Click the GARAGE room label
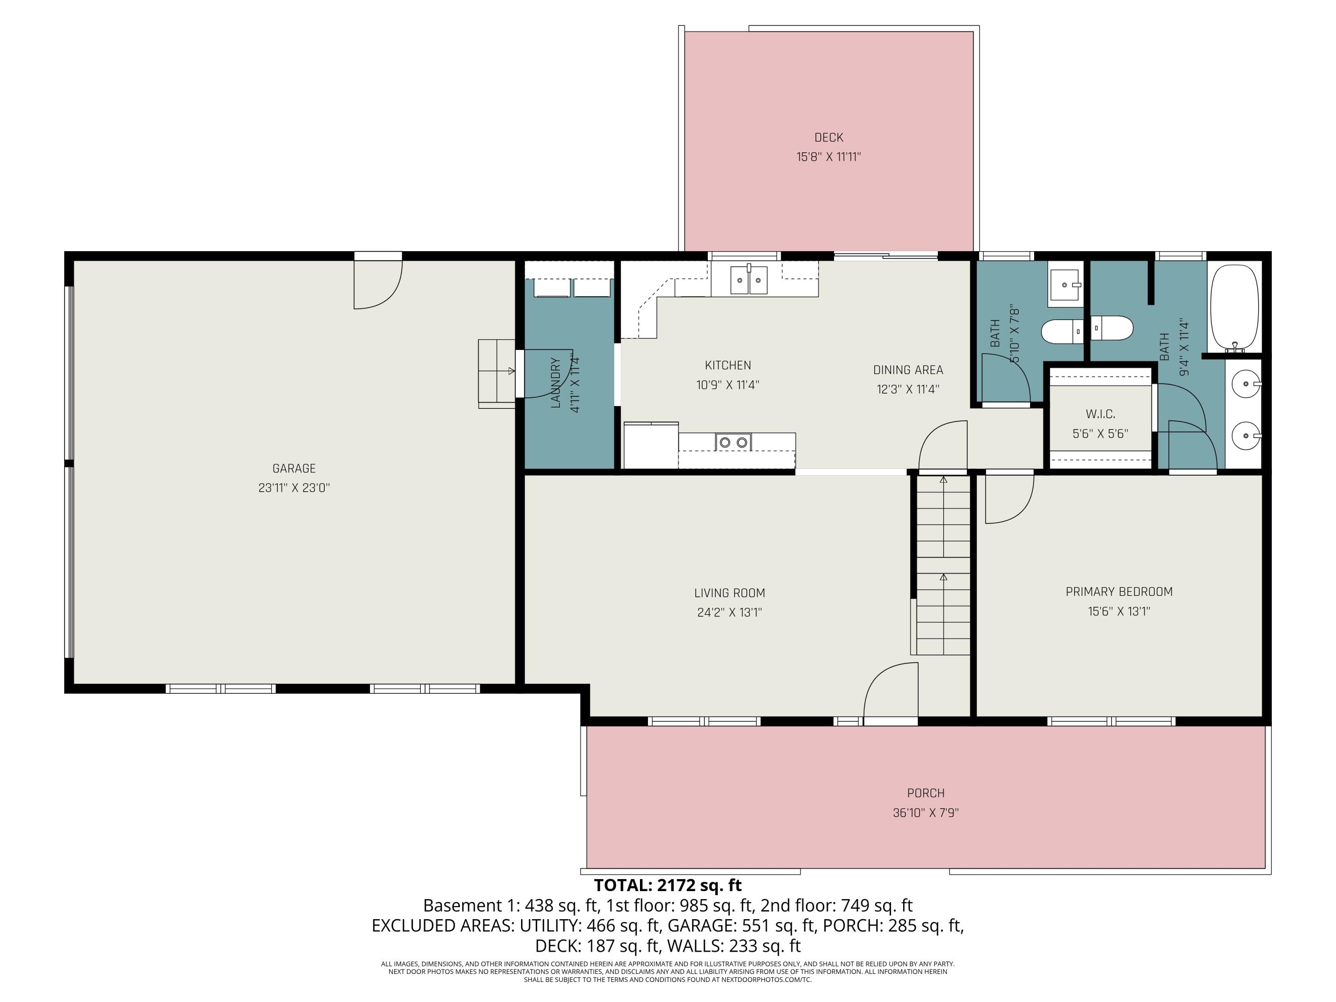point(294,468)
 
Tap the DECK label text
point(829,138)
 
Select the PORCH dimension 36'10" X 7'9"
point(925,813)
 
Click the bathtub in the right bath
point(1234,308)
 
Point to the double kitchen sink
point(749,280)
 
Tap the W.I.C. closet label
point(1100,414)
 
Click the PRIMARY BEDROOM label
point(1119,592)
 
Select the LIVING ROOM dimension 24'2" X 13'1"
point(729,612)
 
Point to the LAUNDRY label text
point(556,383)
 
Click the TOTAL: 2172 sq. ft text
point(668,885)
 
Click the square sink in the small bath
point(1065,285)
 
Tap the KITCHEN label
point(728,366)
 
